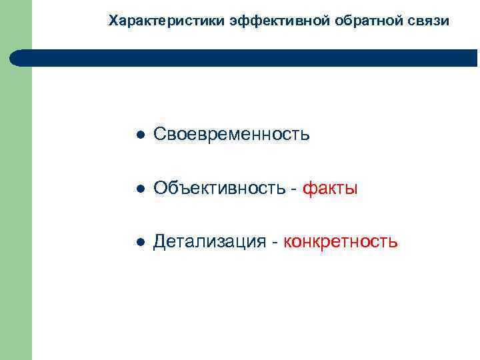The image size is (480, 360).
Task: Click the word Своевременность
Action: coord(231,135)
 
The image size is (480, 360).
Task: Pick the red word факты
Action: coord(330,189)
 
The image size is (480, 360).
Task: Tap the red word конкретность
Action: coord(341,241)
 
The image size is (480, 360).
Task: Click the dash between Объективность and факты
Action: coord(293,190)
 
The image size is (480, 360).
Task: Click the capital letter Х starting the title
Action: coord(113,21)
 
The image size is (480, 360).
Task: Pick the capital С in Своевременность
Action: coord(159,135)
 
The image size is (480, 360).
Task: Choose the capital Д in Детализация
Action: coord(160,241)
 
